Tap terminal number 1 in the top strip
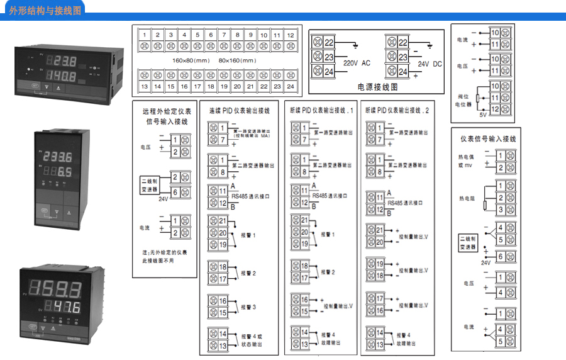145,35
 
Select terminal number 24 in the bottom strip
290,86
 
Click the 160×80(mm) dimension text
191,60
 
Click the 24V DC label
431,64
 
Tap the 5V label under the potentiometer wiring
483,115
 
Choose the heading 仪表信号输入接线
488,138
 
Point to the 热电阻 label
466,198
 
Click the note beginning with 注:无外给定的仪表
165,256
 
